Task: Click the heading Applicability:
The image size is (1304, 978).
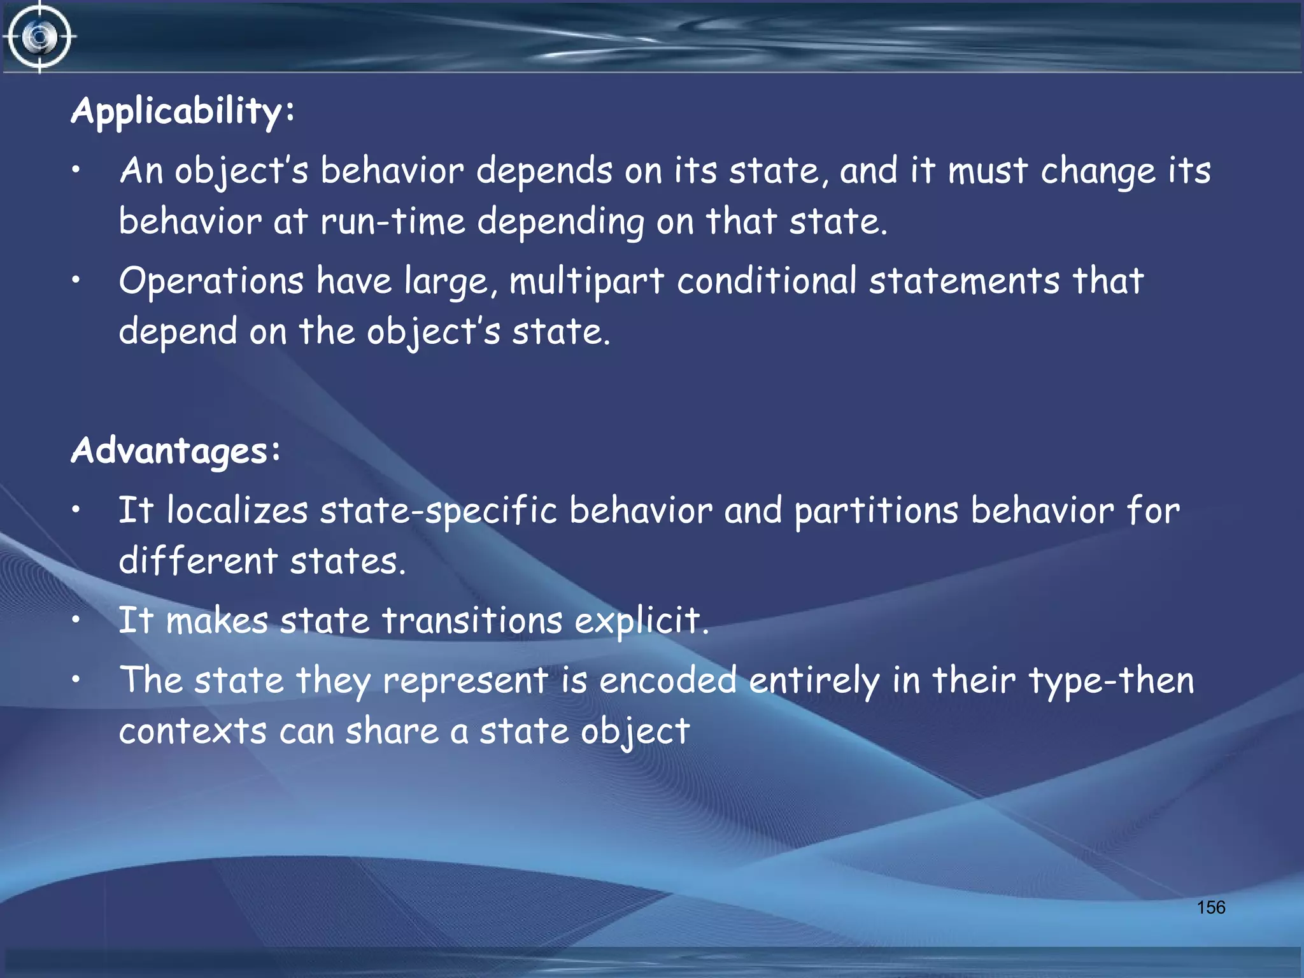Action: (183, 112)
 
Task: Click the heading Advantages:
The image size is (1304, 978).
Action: (176, 451)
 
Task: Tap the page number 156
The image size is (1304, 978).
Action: (1210, 907)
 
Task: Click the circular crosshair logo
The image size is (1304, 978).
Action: (39, 37)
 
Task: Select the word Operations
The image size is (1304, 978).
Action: (211, 281)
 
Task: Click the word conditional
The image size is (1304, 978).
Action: (766, 281)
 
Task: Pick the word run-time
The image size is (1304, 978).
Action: (393, 222)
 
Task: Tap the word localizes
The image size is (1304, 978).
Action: (237, 511)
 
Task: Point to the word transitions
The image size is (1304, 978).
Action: (472, 621)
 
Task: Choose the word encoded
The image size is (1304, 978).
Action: (668, 680)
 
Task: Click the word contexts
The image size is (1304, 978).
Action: (192, 731)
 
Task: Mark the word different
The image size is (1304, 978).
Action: (198, 561)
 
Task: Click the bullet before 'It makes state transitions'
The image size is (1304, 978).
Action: (76, 620)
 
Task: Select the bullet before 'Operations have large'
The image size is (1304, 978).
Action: (76, 280)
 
